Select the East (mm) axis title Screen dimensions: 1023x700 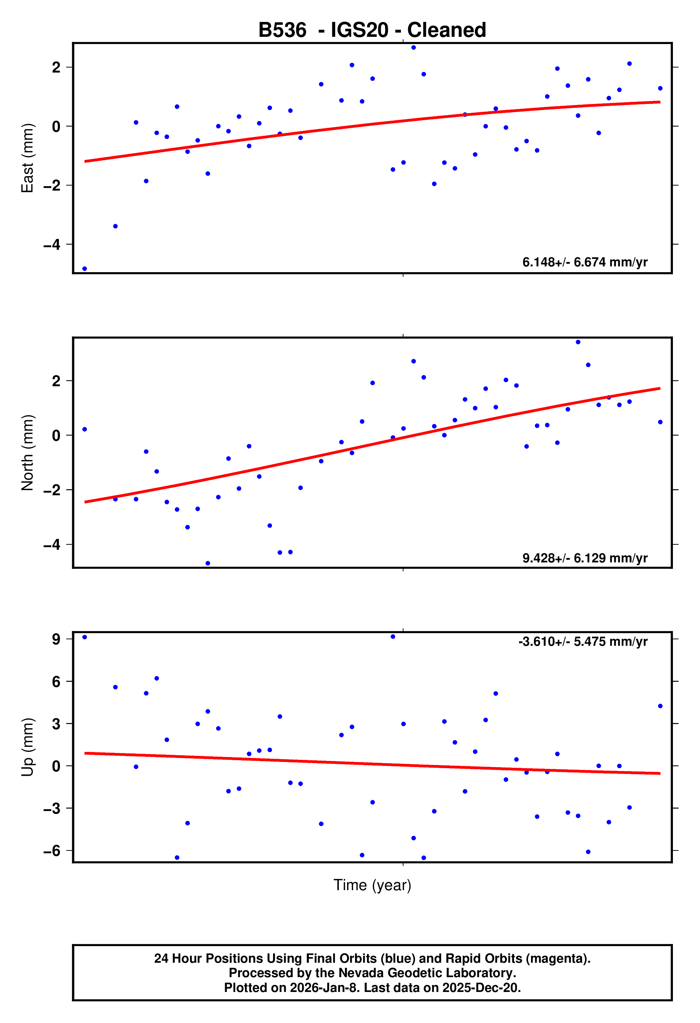tap(27, 158)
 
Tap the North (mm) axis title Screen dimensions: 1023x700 tap(27, 453)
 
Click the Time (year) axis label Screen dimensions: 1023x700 tap(372, 885)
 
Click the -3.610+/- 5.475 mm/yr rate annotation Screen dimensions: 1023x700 tap(583, 641)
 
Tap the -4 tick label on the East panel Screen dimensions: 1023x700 tap(52, 245)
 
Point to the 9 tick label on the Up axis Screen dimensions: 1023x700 tap(56, 639)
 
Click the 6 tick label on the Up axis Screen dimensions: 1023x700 tap(56, 682)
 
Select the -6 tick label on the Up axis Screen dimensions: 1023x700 tap(52, 851)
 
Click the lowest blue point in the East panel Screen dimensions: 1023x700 tap(85, 269)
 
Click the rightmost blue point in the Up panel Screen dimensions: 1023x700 tap(660, 706)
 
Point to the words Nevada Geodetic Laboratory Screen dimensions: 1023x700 tap(427, 973)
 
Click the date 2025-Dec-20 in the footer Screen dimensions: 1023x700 tap(481, 988)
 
